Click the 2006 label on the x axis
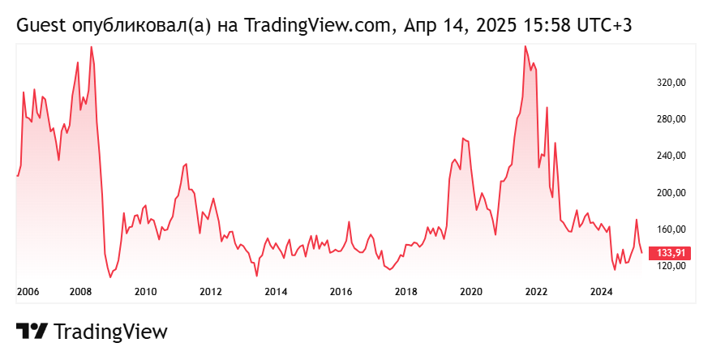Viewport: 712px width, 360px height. pos(28,292)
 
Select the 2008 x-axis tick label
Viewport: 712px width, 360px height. pos(80,292)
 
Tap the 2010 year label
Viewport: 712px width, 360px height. pos(145,292)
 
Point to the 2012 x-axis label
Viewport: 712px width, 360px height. pos(211,292)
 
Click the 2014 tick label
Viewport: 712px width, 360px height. pos(276,292)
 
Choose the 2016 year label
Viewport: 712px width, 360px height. pos(341,292)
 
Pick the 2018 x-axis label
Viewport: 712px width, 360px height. pos(406,292)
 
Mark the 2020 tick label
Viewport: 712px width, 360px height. pos(471,292)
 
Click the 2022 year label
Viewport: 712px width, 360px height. pos(536,292)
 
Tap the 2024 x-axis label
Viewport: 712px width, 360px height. pos(601,292)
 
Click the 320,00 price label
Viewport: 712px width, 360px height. pos(672,83)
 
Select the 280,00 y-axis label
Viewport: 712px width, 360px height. pos(672,119)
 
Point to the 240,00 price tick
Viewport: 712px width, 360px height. pos(672,156)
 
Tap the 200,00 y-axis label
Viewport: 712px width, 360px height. pos(672,193)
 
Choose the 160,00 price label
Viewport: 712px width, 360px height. pos(672,229)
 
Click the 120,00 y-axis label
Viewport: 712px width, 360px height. pos(672,266)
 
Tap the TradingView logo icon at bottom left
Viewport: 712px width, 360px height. pos(32,331)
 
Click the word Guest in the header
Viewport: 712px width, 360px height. pos(41,26)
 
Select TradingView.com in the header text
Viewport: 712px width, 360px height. pos(307,26)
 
